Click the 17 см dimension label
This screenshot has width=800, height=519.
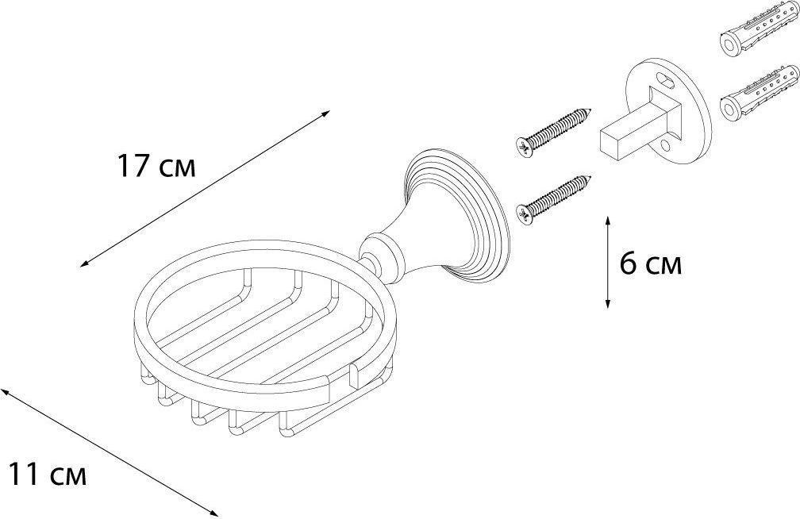click(156, 167)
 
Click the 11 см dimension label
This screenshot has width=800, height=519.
click(48, 474)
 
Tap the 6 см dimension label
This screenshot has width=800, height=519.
click(651, 264)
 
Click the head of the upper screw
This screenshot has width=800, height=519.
click(524, 146)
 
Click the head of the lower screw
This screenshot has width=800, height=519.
click(525, 213)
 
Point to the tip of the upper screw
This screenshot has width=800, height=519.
click(590, 109)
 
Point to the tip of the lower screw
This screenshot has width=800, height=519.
click(590, 176)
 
